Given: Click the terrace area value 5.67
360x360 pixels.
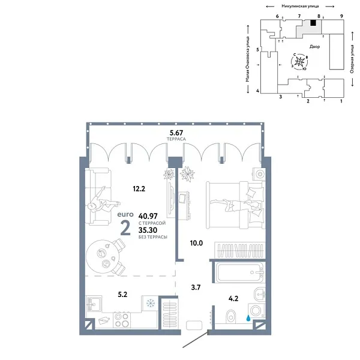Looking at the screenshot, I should click(x=176, y=133).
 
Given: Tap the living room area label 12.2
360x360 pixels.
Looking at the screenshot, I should click(x=139, y=188).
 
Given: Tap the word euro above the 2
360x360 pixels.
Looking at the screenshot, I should click(x=126, y=214).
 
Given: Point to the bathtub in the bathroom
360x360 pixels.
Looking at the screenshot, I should click(x=239, y=275).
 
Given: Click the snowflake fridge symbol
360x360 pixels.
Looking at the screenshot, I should click(x=150, y=302).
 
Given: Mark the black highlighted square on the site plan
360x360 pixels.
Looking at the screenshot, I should click(x=313, y=25).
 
